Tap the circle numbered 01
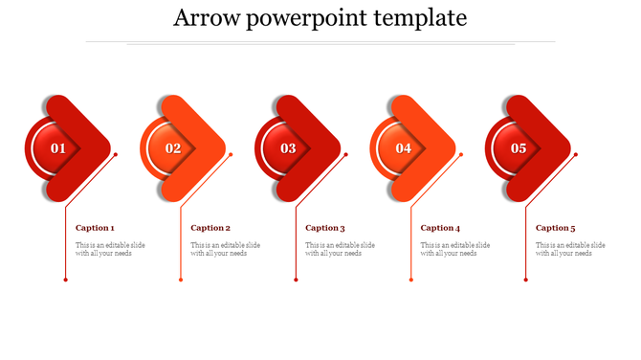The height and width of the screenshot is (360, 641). point(58,148)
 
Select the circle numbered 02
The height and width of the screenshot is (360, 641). point(173,148)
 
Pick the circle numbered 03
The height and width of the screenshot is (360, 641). point(288,148)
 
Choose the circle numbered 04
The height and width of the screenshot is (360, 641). point(403,148)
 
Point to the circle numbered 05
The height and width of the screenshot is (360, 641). point(518,148)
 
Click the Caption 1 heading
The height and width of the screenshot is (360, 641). point(95,228)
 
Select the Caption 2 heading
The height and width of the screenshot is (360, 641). point(210,228)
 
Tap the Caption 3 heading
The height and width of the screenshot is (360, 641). point(325,228)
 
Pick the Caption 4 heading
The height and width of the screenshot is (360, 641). point(440,228)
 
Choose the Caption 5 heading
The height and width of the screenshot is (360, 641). point(555,228)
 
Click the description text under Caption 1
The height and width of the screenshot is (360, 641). point(110,249)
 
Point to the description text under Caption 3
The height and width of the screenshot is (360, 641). point(340,249)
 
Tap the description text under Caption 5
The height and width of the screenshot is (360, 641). point(570,249)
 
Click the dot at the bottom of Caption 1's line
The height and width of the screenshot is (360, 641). point(66,280)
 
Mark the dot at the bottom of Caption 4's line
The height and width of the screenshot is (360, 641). point(410,280)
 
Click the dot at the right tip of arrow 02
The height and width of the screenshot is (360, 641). point(231,154)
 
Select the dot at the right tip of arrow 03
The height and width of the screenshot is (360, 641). point(345,154)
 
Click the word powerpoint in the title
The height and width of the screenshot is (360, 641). point(305,18)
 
